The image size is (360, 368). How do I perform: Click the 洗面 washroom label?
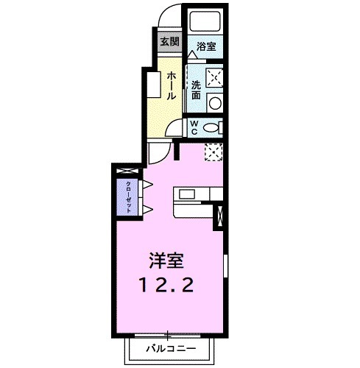click(x=196, y=89)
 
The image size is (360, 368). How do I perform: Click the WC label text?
click(x=194, y=127)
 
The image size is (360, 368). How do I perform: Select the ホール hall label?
click(x=170, y=85)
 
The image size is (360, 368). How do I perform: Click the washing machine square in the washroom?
click(x=214, y=77)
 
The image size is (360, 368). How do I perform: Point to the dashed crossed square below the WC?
click(x=213, y=152)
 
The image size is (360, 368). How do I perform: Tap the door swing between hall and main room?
click(x=157, y=153)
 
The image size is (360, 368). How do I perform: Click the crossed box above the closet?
click(x=126, y=171)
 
